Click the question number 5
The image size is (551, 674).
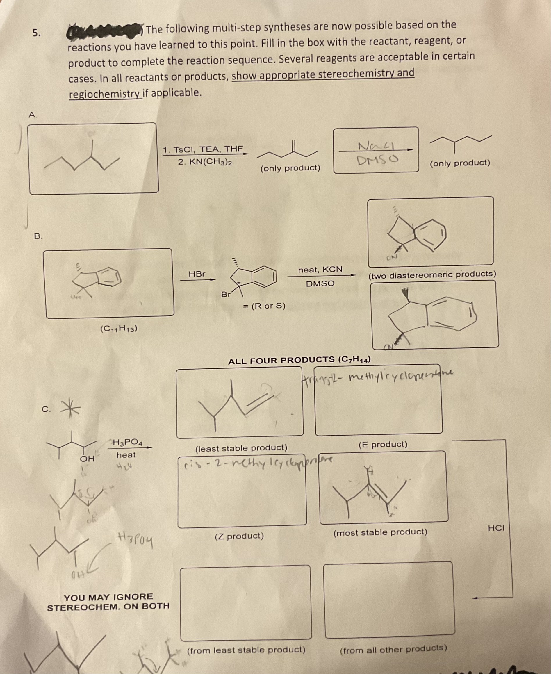coord(37,33)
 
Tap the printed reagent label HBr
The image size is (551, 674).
coord(197,274)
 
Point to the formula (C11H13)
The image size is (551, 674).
coord(119,329)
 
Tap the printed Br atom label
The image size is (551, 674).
coord(226,294)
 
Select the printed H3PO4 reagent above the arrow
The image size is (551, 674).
coord(128,442)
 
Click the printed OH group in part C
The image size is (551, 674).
coord(87,459)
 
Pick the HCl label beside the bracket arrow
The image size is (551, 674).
coord(496,528)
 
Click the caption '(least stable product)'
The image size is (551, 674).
coord(241,448)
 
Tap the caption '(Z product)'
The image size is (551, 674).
coord(239,536)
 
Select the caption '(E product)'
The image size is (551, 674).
coord(383,444)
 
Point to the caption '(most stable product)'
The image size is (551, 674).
coord(380,532)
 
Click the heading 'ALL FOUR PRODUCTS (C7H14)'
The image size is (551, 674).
coord(299,360)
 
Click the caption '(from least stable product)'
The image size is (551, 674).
coord(246,650)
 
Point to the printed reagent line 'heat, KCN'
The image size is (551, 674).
coord(320,270)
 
